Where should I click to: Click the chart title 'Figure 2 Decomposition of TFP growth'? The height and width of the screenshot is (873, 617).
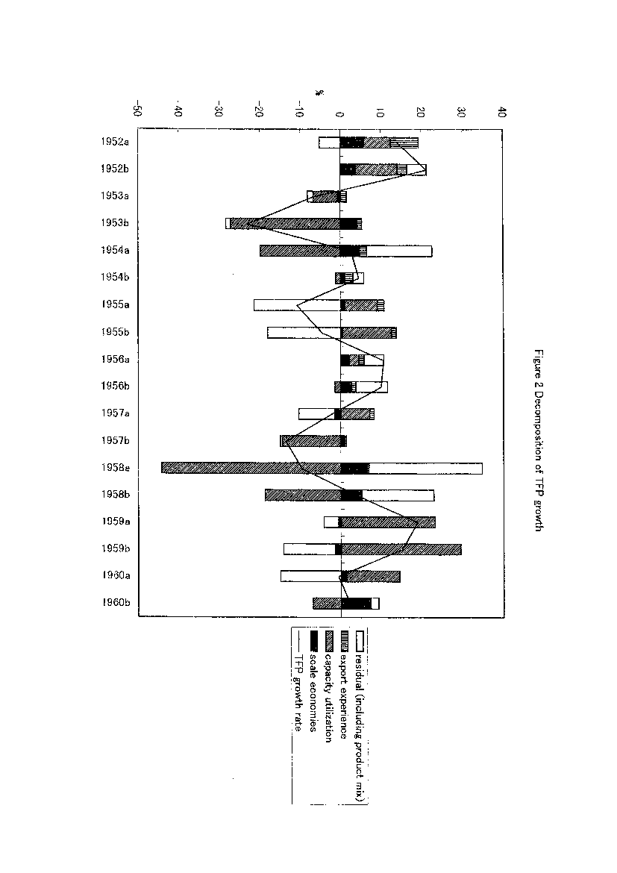point(538,440)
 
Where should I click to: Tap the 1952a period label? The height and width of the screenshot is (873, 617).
point(115,142)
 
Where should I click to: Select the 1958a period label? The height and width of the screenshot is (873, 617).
point(116,468)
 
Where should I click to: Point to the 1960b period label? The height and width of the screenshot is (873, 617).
point(116,602)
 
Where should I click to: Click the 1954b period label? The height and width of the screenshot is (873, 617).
point(115,277)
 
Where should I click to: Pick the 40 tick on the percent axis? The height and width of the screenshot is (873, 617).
point(502,111)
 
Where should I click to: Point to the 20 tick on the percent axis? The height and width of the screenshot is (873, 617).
point(421,111)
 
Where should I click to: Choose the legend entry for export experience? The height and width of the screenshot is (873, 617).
point(344,685)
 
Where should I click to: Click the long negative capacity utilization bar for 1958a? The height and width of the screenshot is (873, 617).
point(251,468)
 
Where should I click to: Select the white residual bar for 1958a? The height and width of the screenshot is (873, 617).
point(425,468)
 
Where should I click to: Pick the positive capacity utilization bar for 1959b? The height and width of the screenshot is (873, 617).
point(401,549)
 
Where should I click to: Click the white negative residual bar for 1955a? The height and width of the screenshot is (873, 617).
point(298,305)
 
